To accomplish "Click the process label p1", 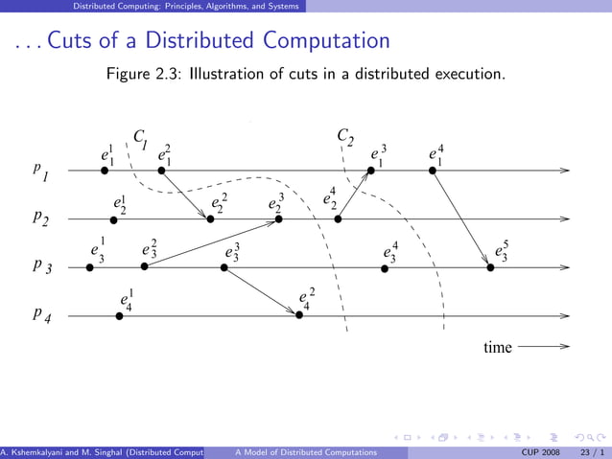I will click(40, 172).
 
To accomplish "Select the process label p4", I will click(40, 313).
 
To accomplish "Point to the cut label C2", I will click(345, 137).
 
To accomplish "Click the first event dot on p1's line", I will click(105, 171).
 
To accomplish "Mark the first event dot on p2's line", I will click(113, 219).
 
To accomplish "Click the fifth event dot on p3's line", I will click(490, 267).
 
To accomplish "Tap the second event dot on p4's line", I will click(299, 314).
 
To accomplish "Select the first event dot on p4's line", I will click(119, 314).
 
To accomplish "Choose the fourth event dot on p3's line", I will click(385, 267).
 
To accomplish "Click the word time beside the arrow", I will click(498, 348).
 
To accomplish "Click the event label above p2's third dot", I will click(276, 203).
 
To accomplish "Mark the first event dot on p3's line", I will click(89, 267).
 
